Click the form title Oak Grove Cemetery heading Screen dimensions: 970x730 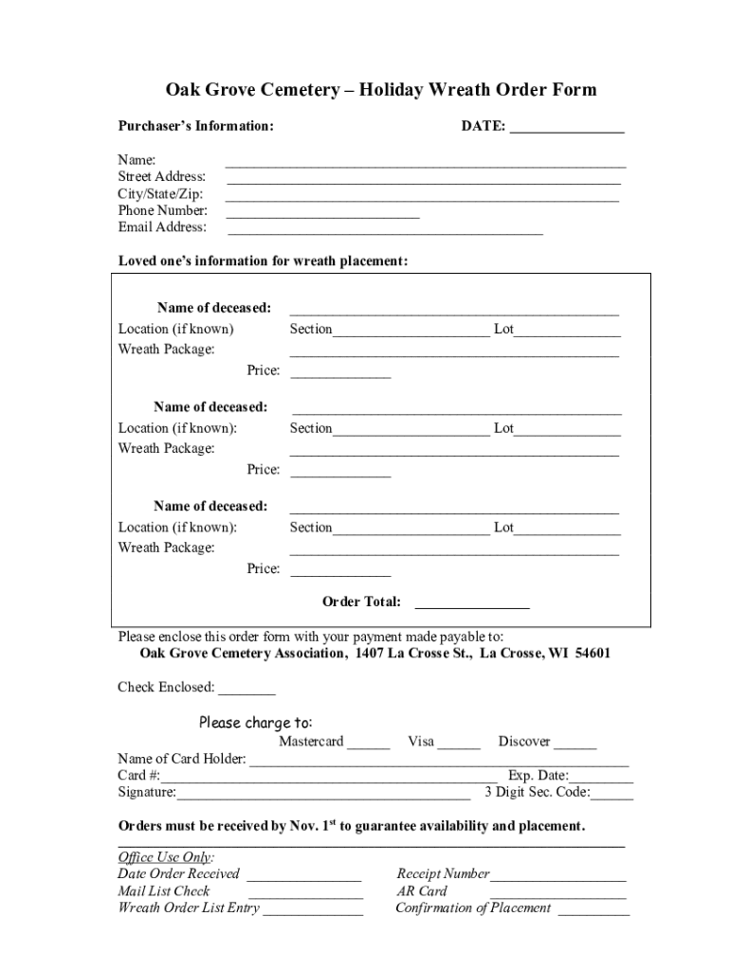[381, 90]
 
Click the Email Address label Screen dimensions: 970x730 [162, 227]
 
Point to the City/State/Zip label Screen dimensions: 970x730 [160, 194]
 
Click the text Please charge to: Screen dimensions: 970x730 [255, 724]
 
